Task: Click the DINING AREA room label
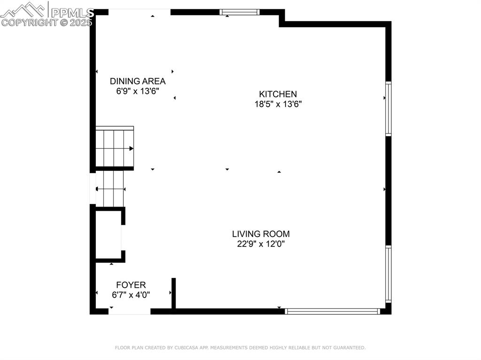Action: point(138,81)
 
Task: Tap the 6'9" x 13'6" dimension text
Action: point(138,92)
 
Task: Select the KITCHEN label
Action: point(278,94)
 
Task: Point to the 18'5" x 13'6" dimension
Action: point(278,104)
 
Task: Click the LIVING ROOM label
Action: point(261,234)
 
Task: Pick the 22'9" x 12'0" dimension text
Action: point(261,244)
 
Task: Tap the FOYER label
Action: point(131,285)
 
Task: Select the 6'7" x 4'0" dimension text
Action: point(131,295)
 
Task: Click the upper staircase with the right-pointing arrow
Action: point(115,148)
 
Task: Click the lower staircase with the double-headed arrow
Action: point(110,189)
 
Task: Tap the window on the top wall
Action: point(240,12)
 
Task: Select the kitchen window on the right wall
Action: point(388,109)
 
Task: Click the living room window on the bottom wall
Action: point(333,311)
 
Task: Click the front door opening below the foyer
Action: point(130,311)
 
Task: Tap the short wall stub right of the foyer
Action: point(173,293)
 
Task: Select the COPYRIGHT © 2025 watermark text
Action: point(47,22)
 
